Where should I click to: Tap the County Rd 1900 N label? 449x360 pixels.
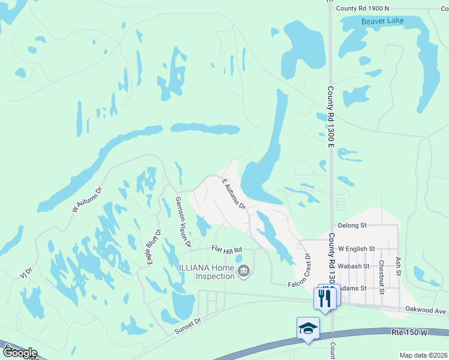pos(363,8)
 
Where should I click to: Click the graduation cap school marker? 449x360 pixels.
pos(308,329)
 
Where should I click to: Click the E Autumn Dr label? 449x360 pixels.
pos(234,194)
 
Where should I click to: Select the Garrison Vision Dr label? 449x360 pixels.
pos(183,222)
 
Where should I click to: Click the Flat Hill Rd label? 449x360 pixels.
pos(226,250)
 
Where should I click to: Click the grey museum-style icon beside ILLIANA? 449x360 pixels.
pos(243,272)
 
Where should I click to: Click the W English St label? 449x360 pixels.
pos(357,248)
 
